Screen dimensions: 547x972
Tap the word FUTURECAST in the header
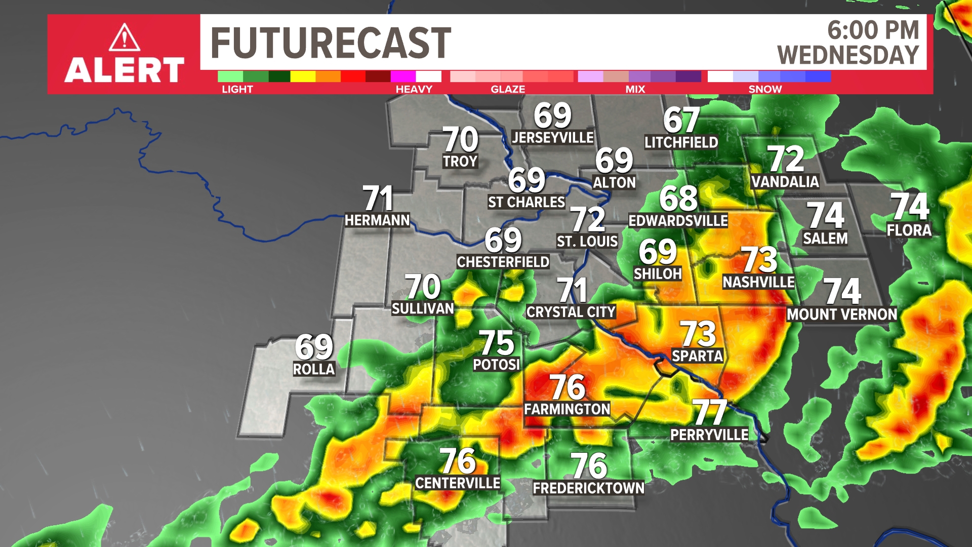(331, 43)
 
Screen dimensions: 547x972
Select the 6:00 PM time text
(873, 30)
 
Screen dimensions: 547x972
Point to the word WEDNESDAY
(848, 55)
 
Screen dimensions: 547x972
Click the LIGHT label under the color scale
(237, 89)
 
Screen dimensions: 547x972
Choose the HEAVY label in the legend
(414, 89)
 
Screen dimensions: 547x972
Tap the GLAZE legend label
(507, 89)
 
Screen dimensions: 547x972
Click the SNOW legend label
(764, 89)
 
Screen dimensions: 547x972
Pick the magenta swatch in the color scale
(403, 76)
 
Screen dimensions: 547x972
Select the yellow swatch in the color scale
(303, 76)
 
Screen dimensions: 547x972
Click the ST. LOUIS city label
(587, 242)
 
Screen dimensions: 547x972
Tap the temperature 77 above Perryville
(710, 412)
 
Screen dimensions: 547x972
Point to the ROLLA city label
(314, 369)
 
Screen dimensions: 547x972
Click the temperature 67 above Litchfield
(681, 120)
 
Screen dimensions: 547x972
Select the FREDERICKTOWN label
(588, 488)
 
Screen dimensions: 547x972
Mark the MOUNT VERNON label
(841, 315)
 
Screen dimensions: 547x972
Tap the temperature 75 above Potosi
(496, 343)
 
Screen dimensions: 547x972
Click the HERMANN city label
(377, 220)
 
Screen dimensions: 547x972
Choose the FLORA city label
(909, 230)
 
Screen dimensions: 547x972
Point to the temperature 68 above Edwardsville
(678, 199)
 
